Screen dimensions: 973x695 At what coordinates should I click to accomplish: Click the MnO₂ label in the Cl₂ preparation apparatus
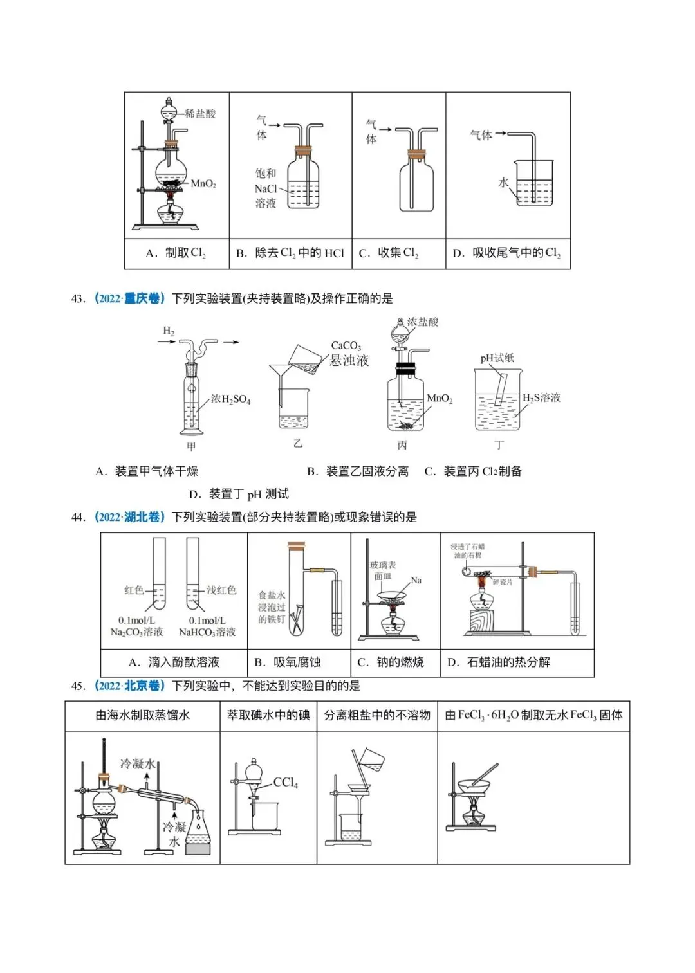click(x=203, y=184)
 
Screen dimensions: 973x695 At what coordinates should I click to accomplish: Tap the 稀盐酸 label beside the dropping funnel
click(x=200, y=114)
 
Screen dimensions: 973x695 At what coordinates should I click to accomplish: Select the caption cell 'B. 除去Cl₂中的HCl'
click(x=290, y=253)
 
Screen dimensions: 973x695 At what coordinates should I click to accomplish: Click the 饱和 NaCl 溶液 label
click(x=265, y=188)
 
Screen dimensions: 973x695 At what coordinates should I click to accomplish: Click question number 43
click(x=78, y=298)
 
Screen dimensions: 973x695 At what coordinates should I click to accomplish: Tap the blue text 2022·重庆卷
click(x=129, y=298)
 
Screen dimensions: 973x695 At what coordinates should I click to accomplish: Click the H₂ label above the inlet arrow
click(x=169, y=331)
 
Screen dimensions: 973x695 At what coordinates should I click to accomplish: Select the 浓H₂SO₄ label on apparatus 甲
click(x=230, y=399)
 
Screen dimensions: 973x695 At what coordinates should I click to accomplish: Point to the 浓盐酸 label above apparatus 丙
click(x=422, y=322)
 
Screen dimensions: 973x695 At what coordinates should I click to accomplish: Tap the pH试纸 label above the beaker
click(x=497, y=358)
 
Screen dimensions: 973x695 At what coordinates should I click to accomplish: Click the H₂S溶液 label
click(x=541, y=398)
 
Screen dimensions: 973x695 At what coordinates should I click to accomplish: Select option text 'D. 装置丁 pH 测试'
click(x=239, y=494)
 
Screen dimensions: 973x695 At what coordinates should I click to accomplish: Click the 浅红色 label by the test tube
click(x=221, y=590)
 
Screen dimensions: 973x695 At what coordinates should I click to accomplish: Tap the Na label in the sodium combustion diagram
click(x=416, y=581)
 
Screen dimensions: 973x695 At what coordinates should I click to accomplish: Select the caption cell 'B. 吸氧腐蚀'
click(x=287, y=662)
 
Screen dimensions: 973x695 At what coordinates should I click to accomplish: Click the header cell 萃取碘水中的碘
click(x=268, y=715)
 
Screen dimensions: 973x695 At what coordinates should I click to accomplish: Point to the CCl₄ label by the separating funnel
click(x=285, y=783)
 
